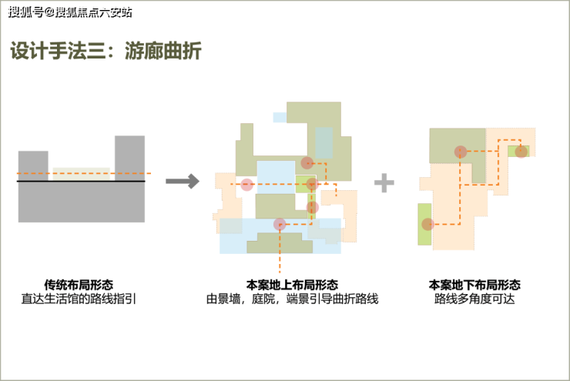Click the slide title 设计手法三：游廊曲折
pos(106,52)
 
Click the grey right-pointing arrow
pos(183,182)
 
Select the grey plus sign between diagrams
pos(384,182)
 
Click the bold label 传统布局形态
pos(79,284)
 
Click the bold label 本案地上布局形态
pos(292,284)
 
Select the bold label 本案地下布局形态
pos(474,284)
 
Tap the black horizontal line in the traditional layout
pos(81,181)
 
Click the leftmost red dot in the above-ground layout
pos(246,185)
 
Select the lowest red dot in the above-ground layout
pos(280,225)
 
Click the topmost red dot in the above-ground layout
pos(307,162)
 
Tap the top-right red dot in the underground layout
pos(521,151)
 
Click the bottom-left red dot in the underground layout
pos(427,225)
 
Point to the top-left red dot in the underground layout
pos(460,152)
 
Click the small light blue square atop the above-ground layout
pos(279,117)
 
